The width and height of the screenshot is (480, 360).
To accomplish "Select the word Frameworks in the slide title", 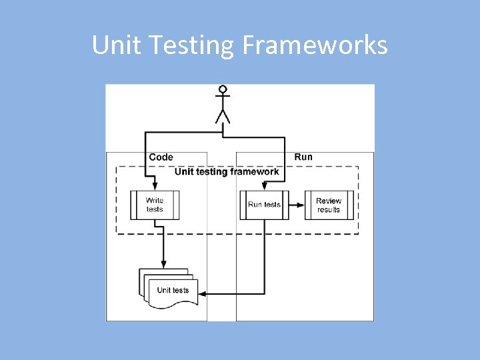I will tap(314, 45).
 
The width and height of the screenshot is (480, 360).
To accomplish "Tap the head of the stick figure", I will tap(223, 89).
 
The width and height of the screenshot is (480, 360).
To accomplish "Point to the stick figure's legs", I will tap(223, 116).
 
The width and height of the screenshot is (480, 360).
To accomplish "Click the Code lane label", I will tap(161, 157).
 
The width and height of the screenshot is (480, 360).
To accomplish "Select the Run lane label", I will tap(303, 157).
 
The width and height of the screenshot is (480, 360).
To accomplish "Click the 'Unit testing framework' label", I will tap(227, 172).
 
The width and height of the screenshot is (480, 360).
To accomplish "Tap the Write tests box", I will tap(155, 205).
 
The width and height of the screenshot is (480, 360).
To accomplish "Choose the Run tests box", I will tap(265, 205).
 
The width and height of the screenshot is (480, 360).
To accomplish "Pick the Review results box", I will tap(329, 205).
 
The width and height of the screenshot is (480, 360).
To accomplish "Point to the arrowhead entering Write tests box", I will tap(154, 187).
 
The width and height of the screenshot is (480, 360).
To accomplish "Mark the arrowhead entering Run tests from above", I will tap(265, 187).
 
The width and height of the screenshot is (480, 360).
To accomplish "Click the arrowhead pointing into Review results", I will tap(301, 205).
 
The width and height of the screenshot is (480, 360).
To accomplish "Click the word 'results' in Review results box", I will tap(329, 209).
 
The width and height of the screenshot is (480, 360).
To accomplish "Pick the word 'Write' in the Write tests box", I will tap(155, 200).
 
